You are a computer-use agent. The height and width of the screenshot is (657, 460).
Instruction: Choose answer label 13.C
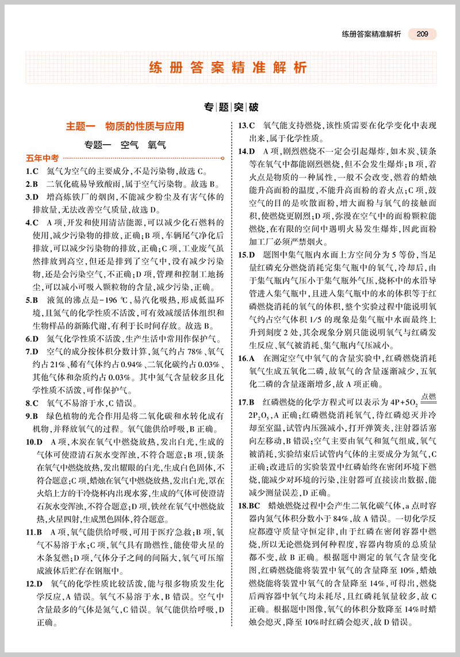click(x=247, y=125)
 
